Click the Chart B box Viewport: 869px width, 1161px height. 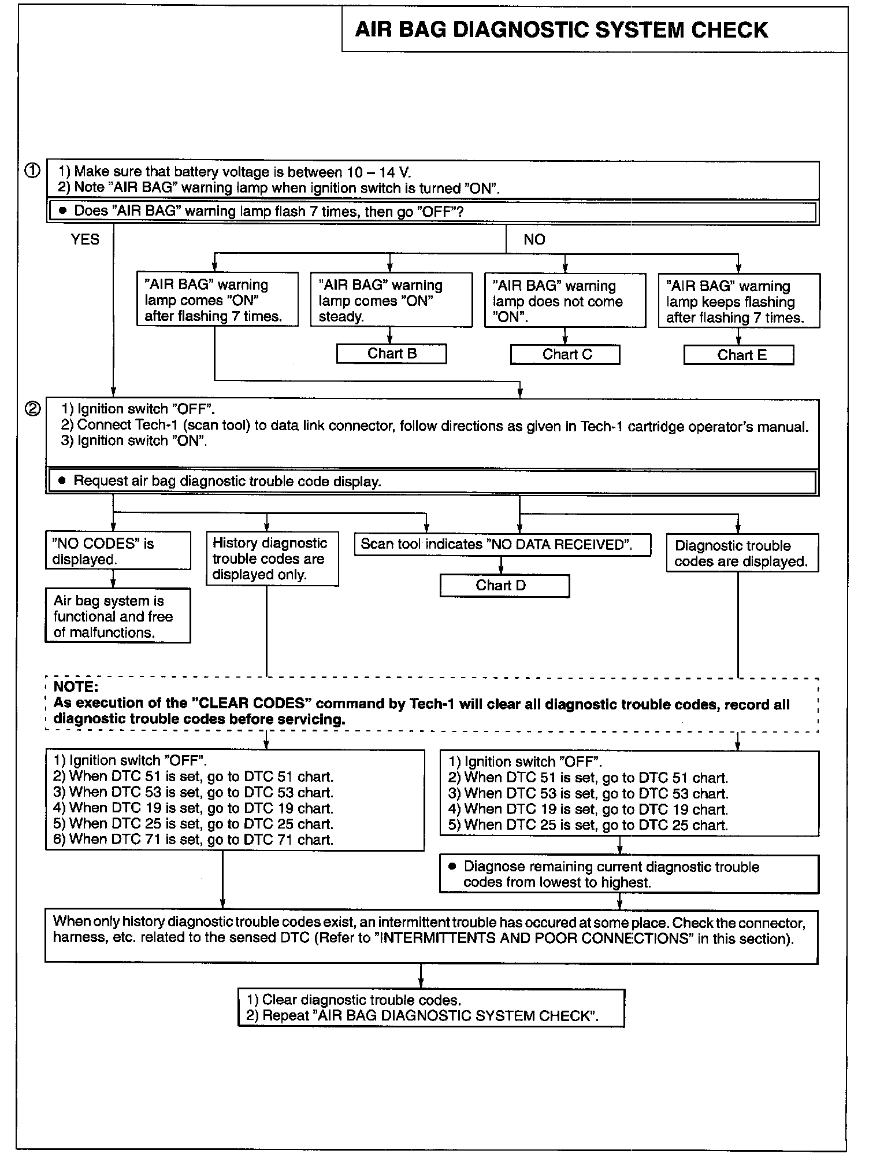(392, 354)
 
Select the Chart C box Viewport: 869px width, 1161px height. (565, 354)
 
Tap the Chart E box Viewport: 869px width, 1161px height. (738, 355)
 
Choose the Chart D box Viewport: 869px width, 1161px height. (504, 585)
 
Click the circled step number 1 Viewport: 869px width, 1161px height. (32, 171)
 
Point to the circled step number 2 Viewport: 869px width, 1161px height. (32, 409)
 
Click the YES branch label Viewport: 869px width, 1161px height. (85, 239)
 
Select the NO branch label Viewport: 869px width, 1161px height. (534, 239)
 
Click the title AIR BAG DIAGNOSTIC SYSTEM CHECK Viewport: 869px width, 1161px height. (561, 29)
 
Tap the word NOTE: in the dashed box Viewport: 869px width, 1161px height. (76, 687)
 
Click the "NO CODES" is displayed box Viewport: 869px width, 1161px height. (118, 551)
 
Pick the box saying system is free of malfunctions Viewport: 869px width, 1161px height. (118, 616)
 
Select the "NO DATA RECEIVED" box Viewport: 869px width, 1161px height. (502, 544)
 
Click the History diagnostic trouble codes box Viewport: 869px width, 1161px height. (272, 559)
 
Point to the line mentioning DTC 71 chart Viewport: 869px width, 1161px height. (194, 840)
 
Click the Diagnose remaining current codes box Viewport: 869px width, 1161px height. (629, 874)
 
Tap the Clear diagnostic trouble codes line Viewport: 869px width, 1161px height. (354, 1000)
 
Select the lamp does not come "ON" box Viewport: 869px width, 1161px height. (565, 301)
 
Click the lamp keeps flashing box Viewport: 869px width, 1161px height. (738, 301)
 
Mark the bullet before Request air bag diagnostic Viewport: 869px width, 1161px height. (62, 481)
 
